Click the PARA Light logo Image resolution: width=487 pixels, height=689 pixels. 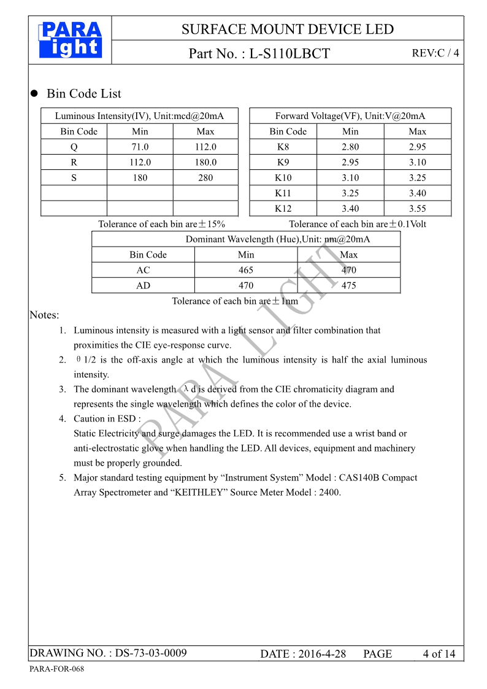click(70, 40)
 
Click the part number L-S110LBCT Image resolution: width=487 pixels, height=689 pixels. click(290, 53)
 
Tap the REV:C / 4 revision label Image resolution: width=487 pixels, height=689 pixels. click(435, 53)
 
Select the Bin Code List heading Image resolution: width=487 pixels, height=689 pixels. click(84, 94)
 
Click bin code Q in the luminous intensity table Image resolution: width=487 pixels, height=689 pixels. click(74, 147)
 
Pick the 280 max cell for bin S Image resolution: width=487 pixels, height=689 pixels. click(205, 178)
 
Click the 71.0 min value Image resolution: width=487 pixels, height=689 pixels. click(140, 147)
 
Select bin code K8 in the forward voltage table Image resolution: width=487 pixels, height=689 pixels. click(283, 147)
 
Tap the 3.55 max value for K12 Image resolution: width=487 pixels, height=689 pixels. click(417, 209)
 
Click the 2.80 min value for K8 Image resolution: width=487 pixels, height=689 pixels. click(350, 147)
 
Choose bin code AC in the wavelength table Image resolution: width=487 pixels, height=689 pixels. click(143, 270)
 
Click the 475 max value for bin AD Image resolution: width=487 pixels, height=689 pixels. click(348, 285)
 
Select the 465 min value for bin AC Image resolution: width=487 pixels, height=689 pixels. click(245, 270)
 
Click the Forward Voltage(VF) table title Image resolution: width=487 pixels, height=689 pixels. click(350, 116)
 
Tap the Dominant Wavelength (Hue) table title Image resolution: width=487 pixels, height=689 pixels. click(278, 239)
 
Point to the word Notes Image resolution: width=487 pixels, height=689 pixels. click(44, 315)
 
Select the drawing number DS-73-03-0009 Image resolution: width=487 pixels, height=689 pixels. click(151, 653)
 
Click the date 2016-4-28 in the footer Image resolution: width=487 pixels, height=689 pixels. click(322, 654)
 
